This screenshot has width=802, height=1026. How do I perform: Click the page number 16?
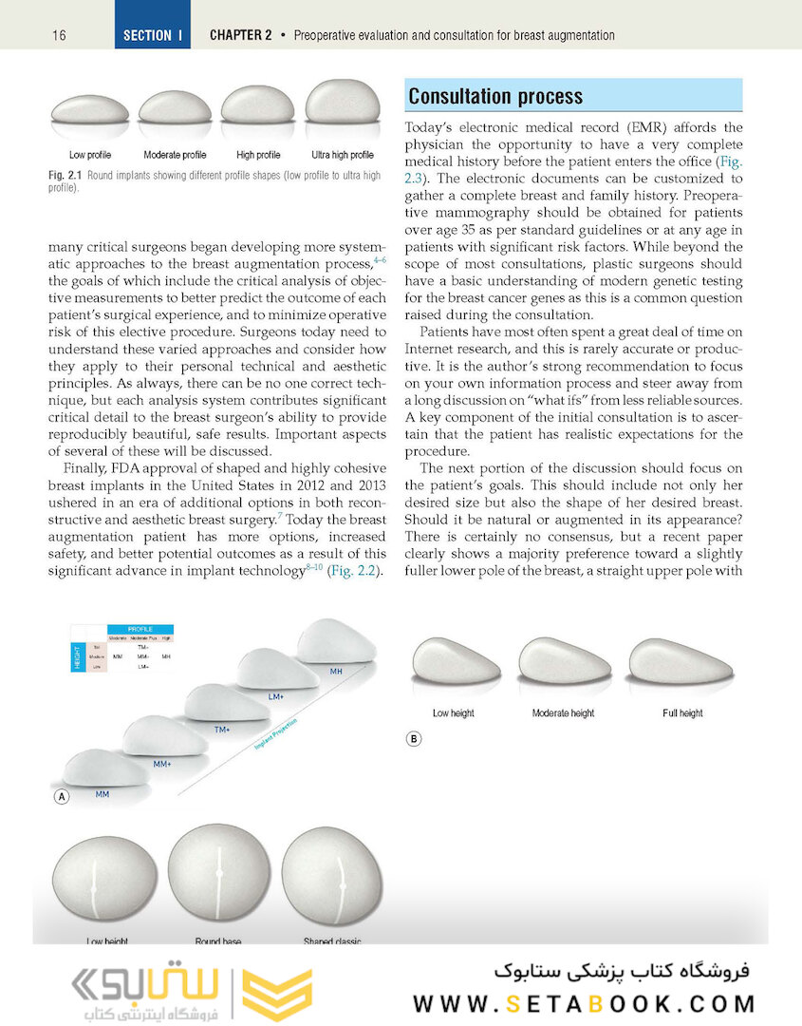pos(59,35)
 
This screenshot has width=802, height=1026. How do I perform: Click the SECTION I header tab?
pos(153,35)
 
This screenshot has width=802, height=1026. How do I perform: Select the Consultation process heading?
pos(495,97)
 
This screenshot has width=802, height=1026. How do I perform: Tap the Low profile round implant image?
pos(89,108)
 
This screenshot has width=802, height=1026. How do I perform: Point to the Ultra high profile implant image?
pos(343,103)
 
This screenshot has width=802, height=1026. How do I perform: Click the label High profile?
pos(258,155)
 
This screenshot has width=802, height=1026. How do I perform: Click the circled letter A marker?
pos(62,797)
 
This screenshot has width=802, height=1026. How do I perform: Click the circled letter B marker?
pos(413,738)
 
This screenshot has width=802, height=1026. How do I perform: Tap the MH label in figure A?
pos(336,672)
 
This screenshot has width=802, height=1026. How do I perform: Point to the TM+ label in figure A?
pos(221,730)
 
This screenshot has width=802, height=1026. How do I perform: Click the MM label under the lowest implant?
pos(102,791)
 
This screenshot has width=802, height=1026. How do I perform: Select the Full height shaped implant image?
pos(681,661)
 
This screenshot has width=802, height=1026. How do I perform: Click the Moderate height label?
pos(564,712)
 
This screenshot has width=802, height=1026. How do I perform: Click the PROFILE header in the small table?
pos(140,628)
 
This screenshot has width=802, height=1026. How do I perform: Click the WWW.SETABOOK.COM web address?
pos(585,1003)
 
